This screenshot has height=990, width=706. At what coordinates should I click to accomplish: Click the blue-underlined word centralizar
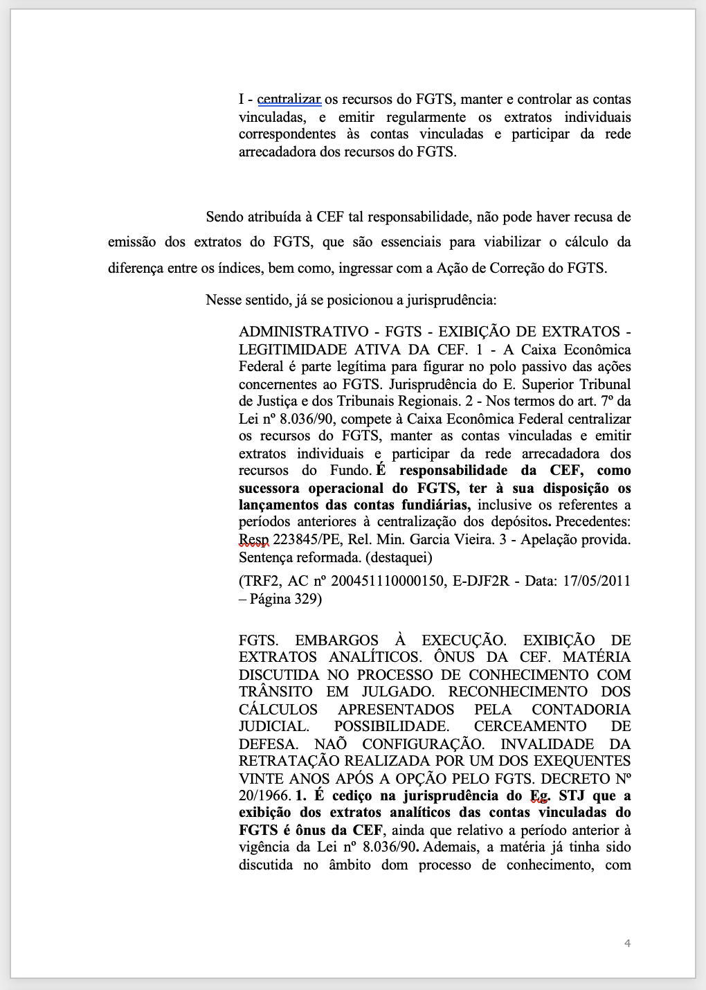(x=289, y=100)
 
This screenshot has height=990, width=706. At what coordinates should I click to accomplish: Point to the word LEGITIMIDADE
(x=285, y=350)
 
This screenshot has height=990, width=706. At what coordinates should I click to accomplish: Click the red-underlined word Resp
(x=253, y=540)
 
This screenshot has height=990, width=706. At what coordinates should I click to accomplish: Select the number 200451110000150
(x=388, y=582)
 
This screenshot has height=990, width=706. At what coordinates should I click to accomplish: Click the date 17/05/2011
(x=597, y=582)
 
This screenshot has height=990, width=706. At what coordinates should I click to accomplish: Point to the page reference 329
(x=305, y=600)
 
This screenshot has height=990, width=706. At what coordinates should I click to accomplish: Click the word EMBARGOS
(x=336, y=640)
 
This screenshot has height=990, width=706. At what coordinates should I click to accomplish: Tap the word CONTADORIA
(x=581, y=710)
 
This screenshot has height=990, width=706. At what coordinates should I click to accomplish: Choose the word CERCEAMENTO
(x=530, y=727)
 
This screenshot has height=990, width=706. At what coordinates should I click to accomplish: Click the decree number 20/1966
(x=264, y=796)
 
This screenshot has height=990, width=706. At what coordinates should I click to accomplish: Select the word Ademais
(x=449, y=847)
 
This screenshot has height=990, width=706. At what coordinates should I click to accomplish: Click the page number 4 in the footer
(x=627, y=944)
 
